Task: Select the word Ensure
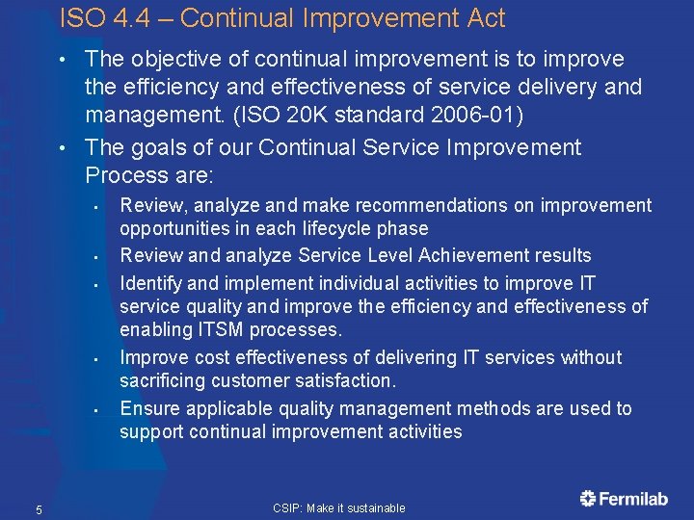point(149,408)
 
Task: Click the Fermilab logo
point(625,498)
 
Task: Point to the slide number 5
point(39,508)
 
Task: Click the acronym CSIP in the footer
point(287,507)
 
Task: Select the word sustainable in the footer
point(377,507)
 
